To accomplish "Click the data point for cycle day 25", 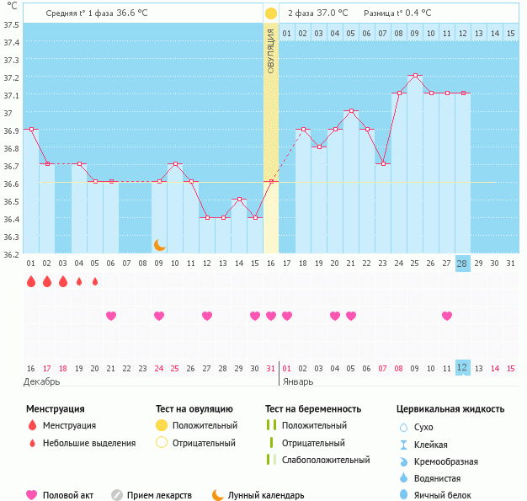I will point(415,76).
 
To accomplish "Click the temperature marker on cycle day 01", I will point(31,129).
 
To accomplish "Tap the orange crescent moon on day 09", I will point(159,245).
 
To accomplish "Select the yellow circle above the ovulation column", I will point(271,13).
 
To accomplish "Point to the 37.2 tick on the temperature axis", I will point(12,77).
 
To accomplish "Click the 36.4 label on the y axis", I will point(12,219).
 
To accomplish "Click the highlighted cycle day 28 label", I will point(462,264).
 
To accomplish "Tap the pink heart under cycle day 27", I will point(447,316).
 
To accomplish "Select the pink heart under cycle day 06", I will point(111,316).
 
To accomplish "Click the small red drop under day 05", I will point(95,281).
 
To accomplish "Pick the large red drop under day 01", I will point(31,281).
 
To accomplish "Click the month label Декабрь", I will point(42,381).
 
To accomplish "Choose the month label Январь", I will point(296,381).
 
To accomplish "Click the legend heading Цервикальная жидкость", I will point(450,409).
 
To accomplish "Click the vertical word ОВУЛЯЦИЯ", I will point(271,51).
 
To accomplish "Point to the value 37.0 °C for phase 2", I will point(332,13).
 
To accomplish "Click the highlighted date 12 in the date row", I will point(462,368).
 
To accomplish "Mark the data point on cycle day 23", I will point(383,163).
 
